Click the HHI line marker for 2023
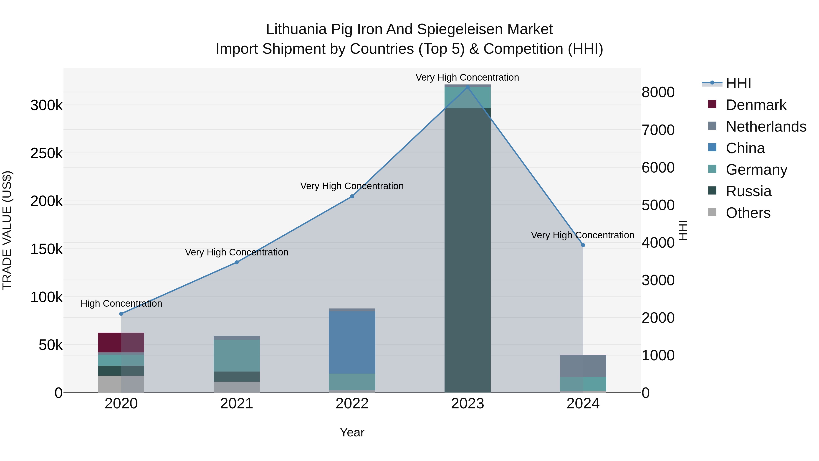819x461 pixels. point(467,87)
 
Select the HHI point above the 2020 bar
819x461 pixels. point(121,314)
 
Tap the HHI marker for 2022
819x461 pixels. point(352,196)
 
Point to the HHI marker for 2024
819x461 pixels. point(583,245)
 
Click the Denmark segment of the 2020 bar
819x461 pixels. point(121,342)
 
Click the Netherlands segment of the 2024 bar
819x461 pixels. point(583,366)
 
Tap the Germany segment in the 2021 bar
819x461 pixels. point(237,355)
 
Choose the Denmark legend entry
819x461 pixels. point(756,105)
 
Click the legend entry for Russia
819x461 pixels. point(748,191)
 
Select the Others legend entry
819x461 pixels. point(748,213)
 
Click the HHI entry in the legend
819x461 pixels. point(738,83)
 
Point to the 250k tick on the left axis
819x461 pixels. point(46,153)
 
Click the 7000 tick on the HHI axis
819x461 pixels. point(658,130)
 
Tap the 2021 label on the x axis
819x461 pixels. point(237,404)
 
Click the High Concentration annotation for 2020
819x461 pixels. point(121,303)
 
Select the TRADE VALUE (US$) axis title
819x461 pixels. point(7,230)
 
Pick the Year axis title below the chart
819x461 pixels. point(352,432)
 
